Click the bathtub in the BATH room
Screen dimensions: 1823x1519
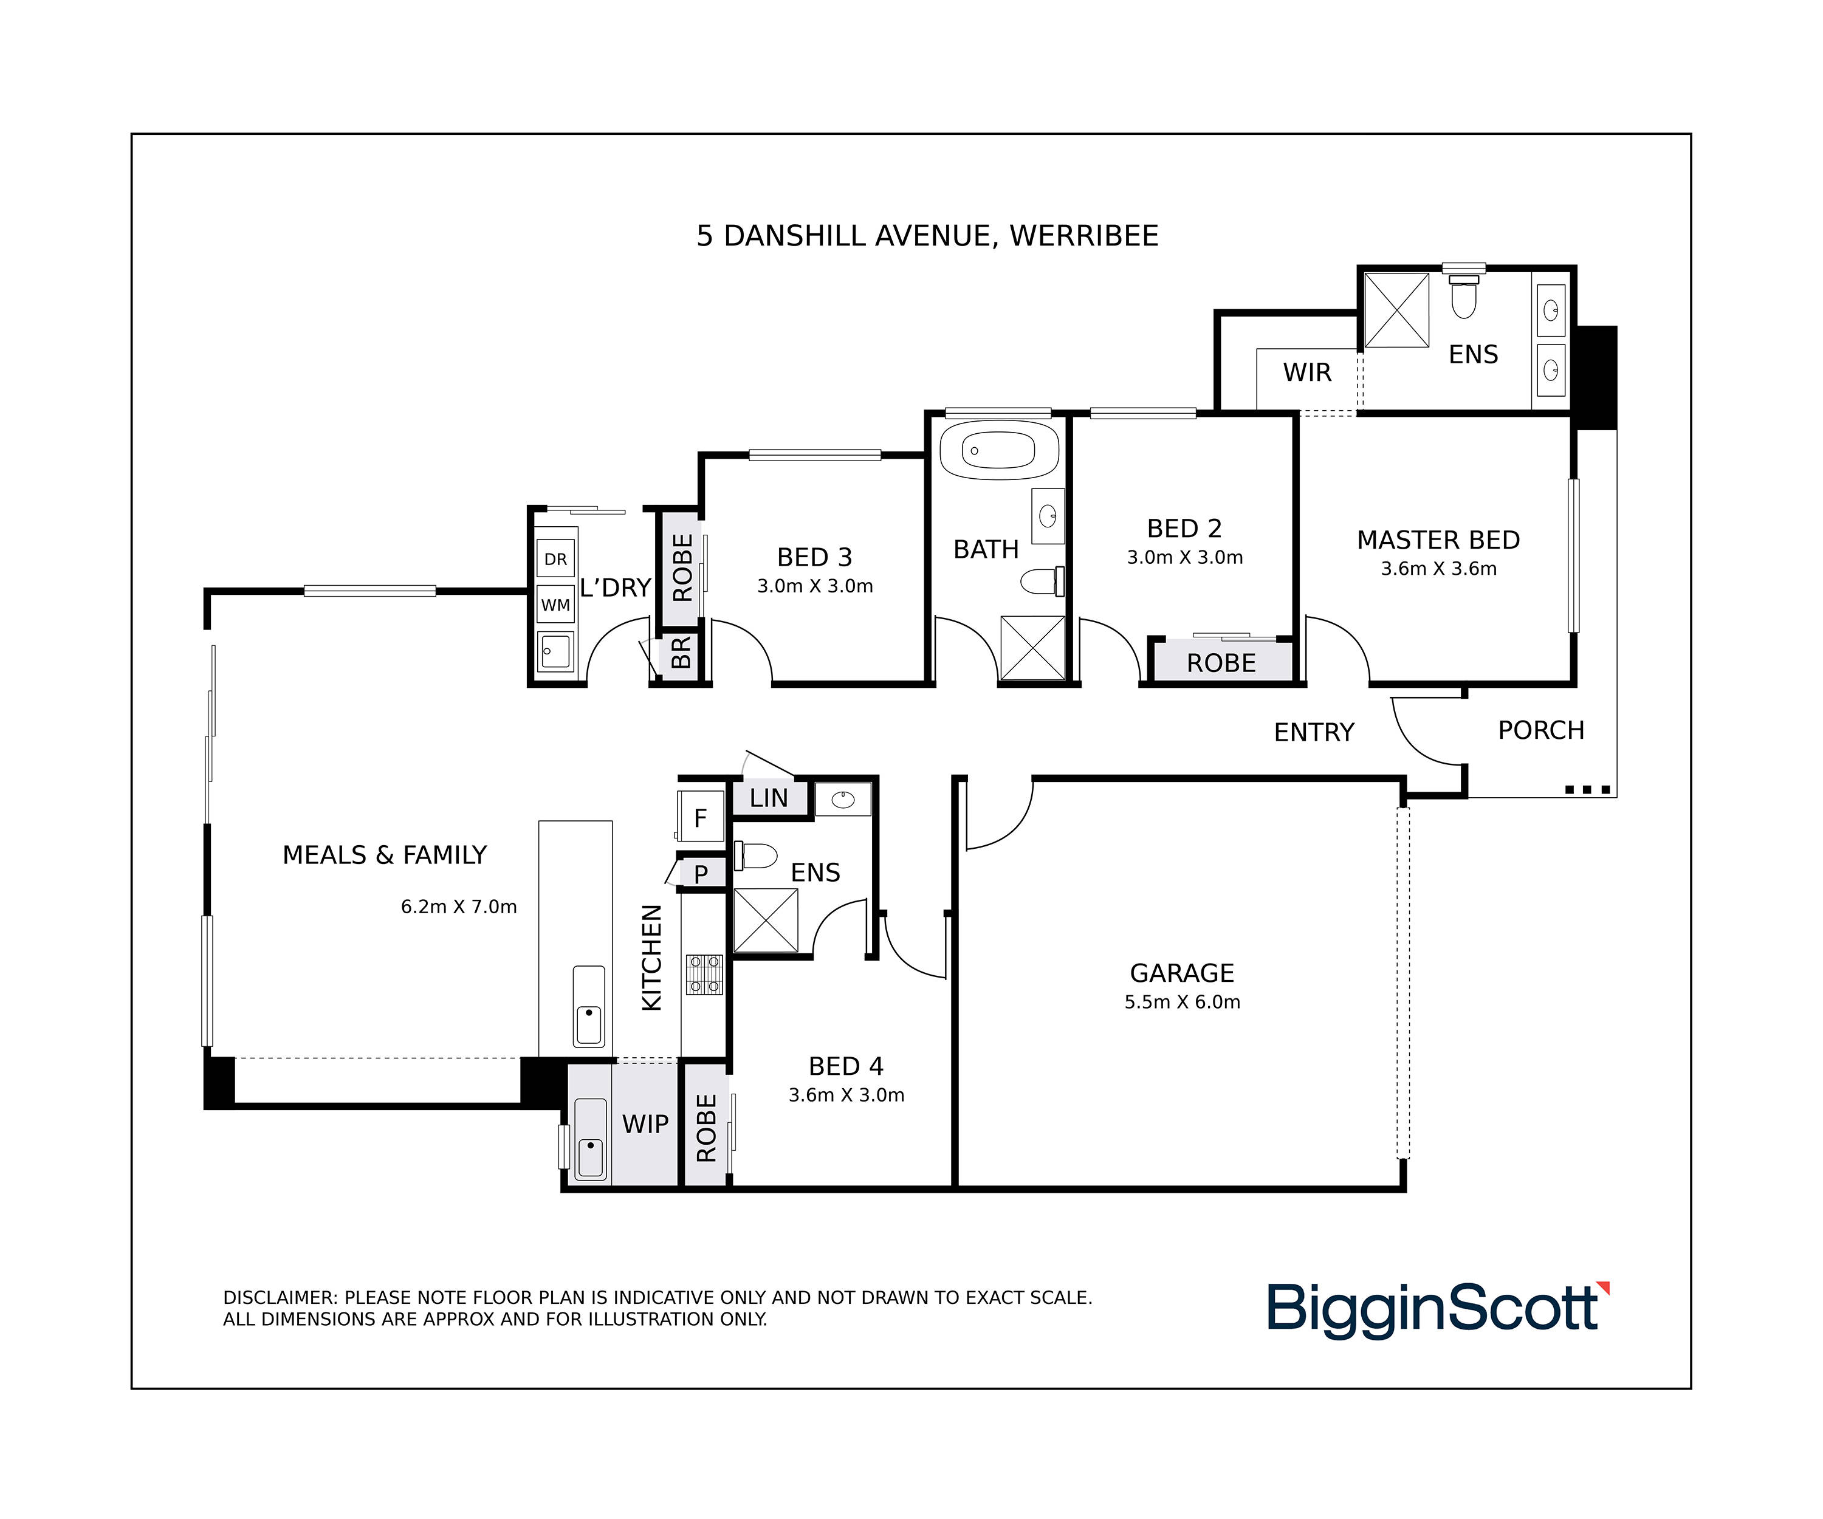point(999,450)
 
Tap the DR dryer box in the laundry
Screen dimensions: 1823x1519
point(555,559)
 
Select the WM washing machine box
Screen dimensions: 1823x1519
point(555,604)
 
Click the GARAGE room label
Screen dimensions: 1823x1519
point(1181,972)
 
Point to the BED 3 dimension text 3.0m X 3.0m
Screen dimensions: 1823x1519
point(814,586)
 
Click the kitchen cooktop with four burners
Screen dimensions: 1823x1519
point(704,974)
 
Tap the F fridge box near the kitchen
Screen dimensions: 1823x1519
point(701,817)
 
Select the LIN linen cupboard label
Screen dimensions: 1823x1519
point(768,798)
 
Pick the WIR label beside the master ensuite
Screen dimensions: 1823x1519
point(1307,372)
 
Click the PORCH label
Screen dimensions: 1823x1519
point(1541,730)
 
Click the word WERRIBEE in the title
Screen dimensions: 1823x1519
point(1084,236)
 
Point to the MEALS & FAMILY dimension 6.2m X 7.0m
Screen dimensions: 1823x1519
point(458,906)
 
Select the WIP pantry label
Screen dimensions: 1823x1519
point(645,1124)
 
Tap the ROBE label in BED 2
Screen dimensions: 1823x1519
point(1221,663)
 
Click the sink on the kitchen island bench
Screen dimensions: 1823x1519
point(589,1006)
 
